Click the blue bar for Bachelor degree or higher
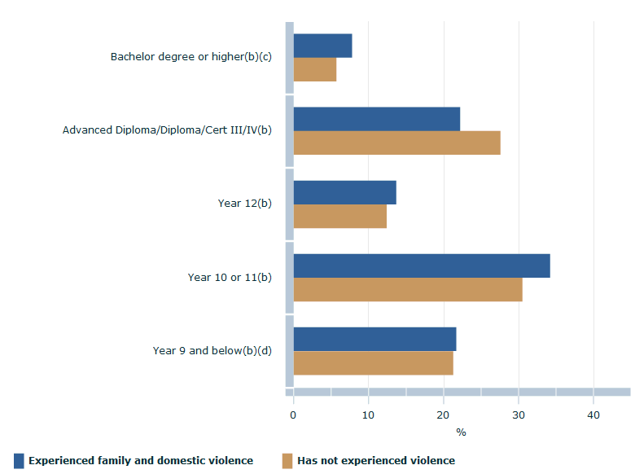pos(322,46)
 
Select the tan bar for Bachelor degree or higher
pos(314,70)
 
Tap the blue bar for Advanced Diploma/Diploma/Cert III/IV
pos(376,119)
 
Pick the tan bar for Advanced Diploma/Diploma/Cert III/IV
pos(396,143)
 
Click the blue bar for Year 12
pos(344,192)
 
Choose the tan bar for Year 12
pos(339,217)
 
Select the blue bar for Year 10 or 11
pos(421,266)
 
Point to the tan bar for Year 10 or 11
pos(407,290)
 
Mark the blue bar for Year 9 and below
pos(374,339)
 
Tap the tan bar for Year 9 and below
pos(373,363)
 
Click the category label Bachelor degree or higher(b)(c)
pos(191,57)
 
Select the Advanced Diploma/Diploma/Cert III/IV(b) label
pos(167,130)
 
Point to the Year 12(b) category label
pos(244,204)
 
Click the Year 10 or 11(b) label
pos(230,277)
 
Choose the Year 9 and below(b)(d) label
pos(212,350)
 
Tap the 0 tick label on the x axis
pos(293,415)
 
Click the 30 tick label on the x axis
pos(519,415)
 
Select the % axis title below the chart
pos(461,432)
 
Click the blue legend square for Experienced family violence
pos(19,461)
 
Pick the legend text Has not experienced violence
pos(376,461)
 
